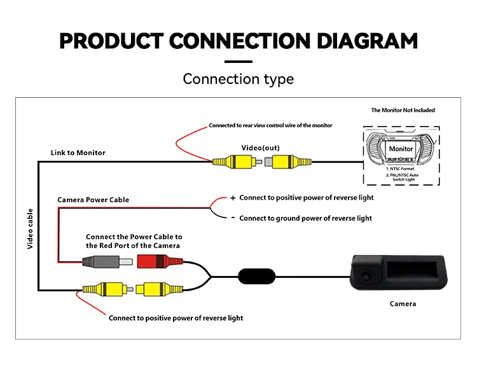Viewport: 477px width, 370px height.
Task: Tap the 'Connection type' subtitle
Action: tap(238, 79)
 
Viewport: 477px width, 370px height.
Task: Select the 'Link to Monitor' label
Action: tap(78, 153)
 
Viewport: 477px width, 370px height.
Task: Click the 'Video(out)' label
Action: tap(260, 147)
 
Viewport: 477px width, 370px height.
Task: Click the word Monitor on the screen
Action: tap(401, 148)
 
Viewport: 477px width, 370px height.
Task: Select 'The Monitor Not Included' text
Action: tap(403, 110)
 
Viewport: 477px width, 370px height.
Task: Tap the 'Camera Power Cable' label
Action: tap(93, 200)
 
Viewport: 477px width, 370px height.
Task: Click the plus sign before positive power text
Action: tap(233, 198)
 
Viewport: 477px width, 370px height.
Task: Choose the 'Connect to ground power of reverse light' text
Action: tap(305, 218)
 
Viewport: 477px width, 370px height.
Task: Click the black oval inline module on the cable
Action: tap(257, 277)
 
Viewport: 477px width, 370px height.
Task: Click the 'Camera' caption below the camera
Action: tap(403, 304)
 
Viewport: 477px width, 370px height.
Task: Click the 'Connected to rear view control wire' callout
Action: tap(270, 125)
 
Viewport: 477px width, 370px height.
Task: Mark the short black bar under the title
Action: tap(238, 62)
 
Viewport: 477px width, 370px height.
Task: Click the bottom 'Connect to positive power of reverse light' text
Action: tap(176, 318)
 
